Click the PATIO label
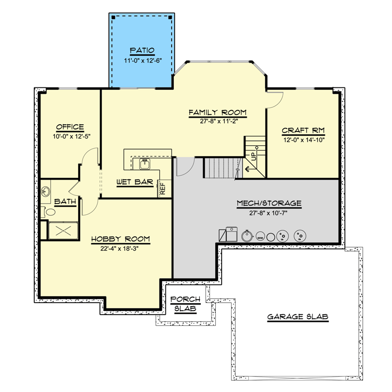coord(142,50)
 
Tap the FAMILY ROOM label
coord(217,113)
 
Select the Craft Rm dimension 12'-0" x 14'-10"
coord(303,139)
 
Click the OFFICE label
coord(70,127)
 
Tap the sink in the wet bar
coord(146,163)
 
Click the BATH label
coord(64,201)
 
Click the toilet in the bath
coord(49,212)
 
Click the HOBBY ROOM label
coord(120,239)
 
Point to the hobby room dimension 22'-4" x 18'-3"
coord(120,248)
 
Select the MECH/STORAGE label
coord(268,203)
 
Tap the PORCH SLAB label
coord(185,304)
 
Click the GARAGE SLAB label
coord(297,316)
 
